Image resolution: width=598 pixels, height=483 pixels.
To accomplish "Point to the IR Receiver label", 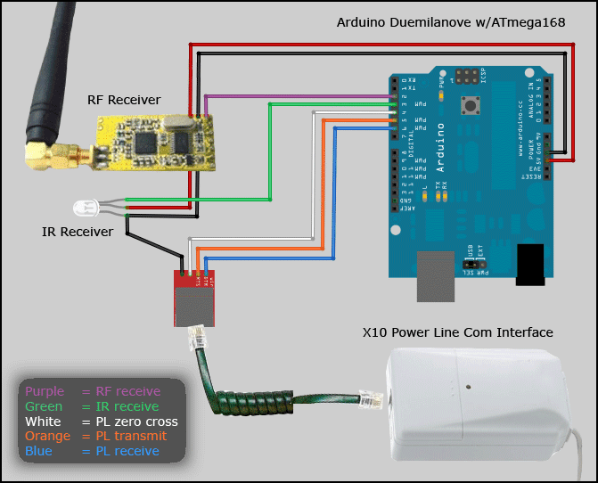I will (78, 232).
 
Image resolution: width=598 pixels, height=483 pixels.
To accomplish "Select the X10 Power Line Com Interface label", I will (458, 332).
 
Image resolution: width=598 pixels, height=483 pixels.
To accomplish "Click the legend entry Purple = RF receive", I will (93, 391).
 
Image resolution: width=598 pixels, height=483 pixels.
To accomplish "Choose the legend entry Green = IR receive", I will (93, 406).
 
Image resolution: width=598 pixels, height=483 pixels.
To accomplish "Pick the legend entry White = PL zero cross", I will (101, 422).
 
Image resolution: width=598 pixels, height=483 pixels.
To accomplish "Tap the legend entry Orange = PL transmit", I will (95, 437).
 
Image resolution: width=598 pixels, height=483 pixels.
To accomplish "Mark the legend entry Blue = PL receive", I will (92, 452).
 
